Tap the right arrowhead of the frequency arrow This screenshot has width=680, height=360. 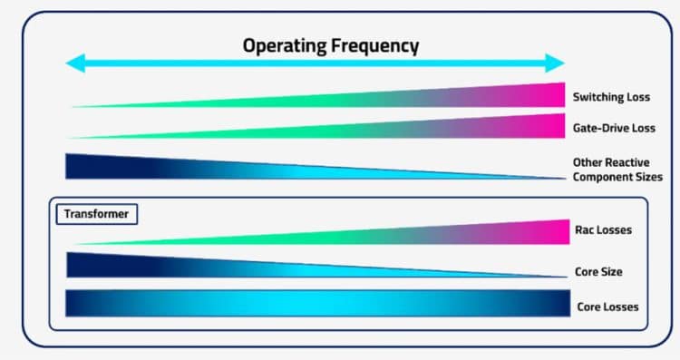pos(557,63)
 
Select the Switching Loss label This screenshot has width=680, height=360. pos(611,96)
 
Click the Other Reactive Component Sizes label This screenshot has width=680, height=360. pos(617,170)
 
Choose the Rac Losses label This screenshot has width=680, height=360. pos(603,230)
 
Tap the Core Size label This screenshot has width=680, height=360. pos(597,271)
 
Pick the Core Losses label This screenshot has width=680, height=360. pos(607,306)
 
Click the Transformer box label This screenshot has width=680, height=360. pos(94,215)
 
